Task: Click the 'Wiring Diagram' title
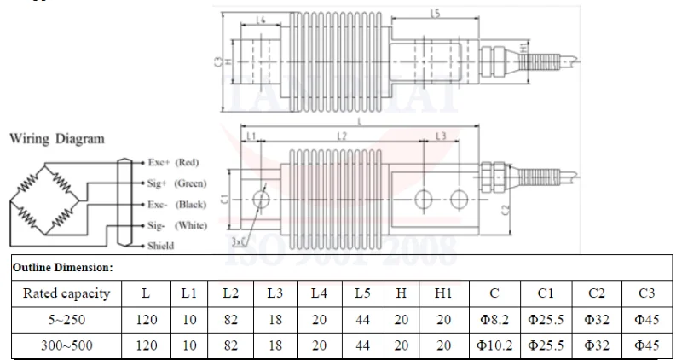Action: click(56, 139)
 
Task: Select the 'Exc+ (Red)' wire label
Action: click(173, 162)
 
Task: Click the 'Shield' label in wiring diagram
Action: click(160, 246)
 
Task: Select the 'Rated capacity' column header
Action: click(66, 293)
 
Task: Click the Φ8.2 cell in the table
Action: click(494, 321)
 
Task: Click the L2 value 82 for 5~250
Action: click(230, 321)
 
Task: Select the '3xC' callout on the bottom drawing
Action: click(239, 242)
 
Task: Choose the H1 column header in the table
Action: click(443, 293)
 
